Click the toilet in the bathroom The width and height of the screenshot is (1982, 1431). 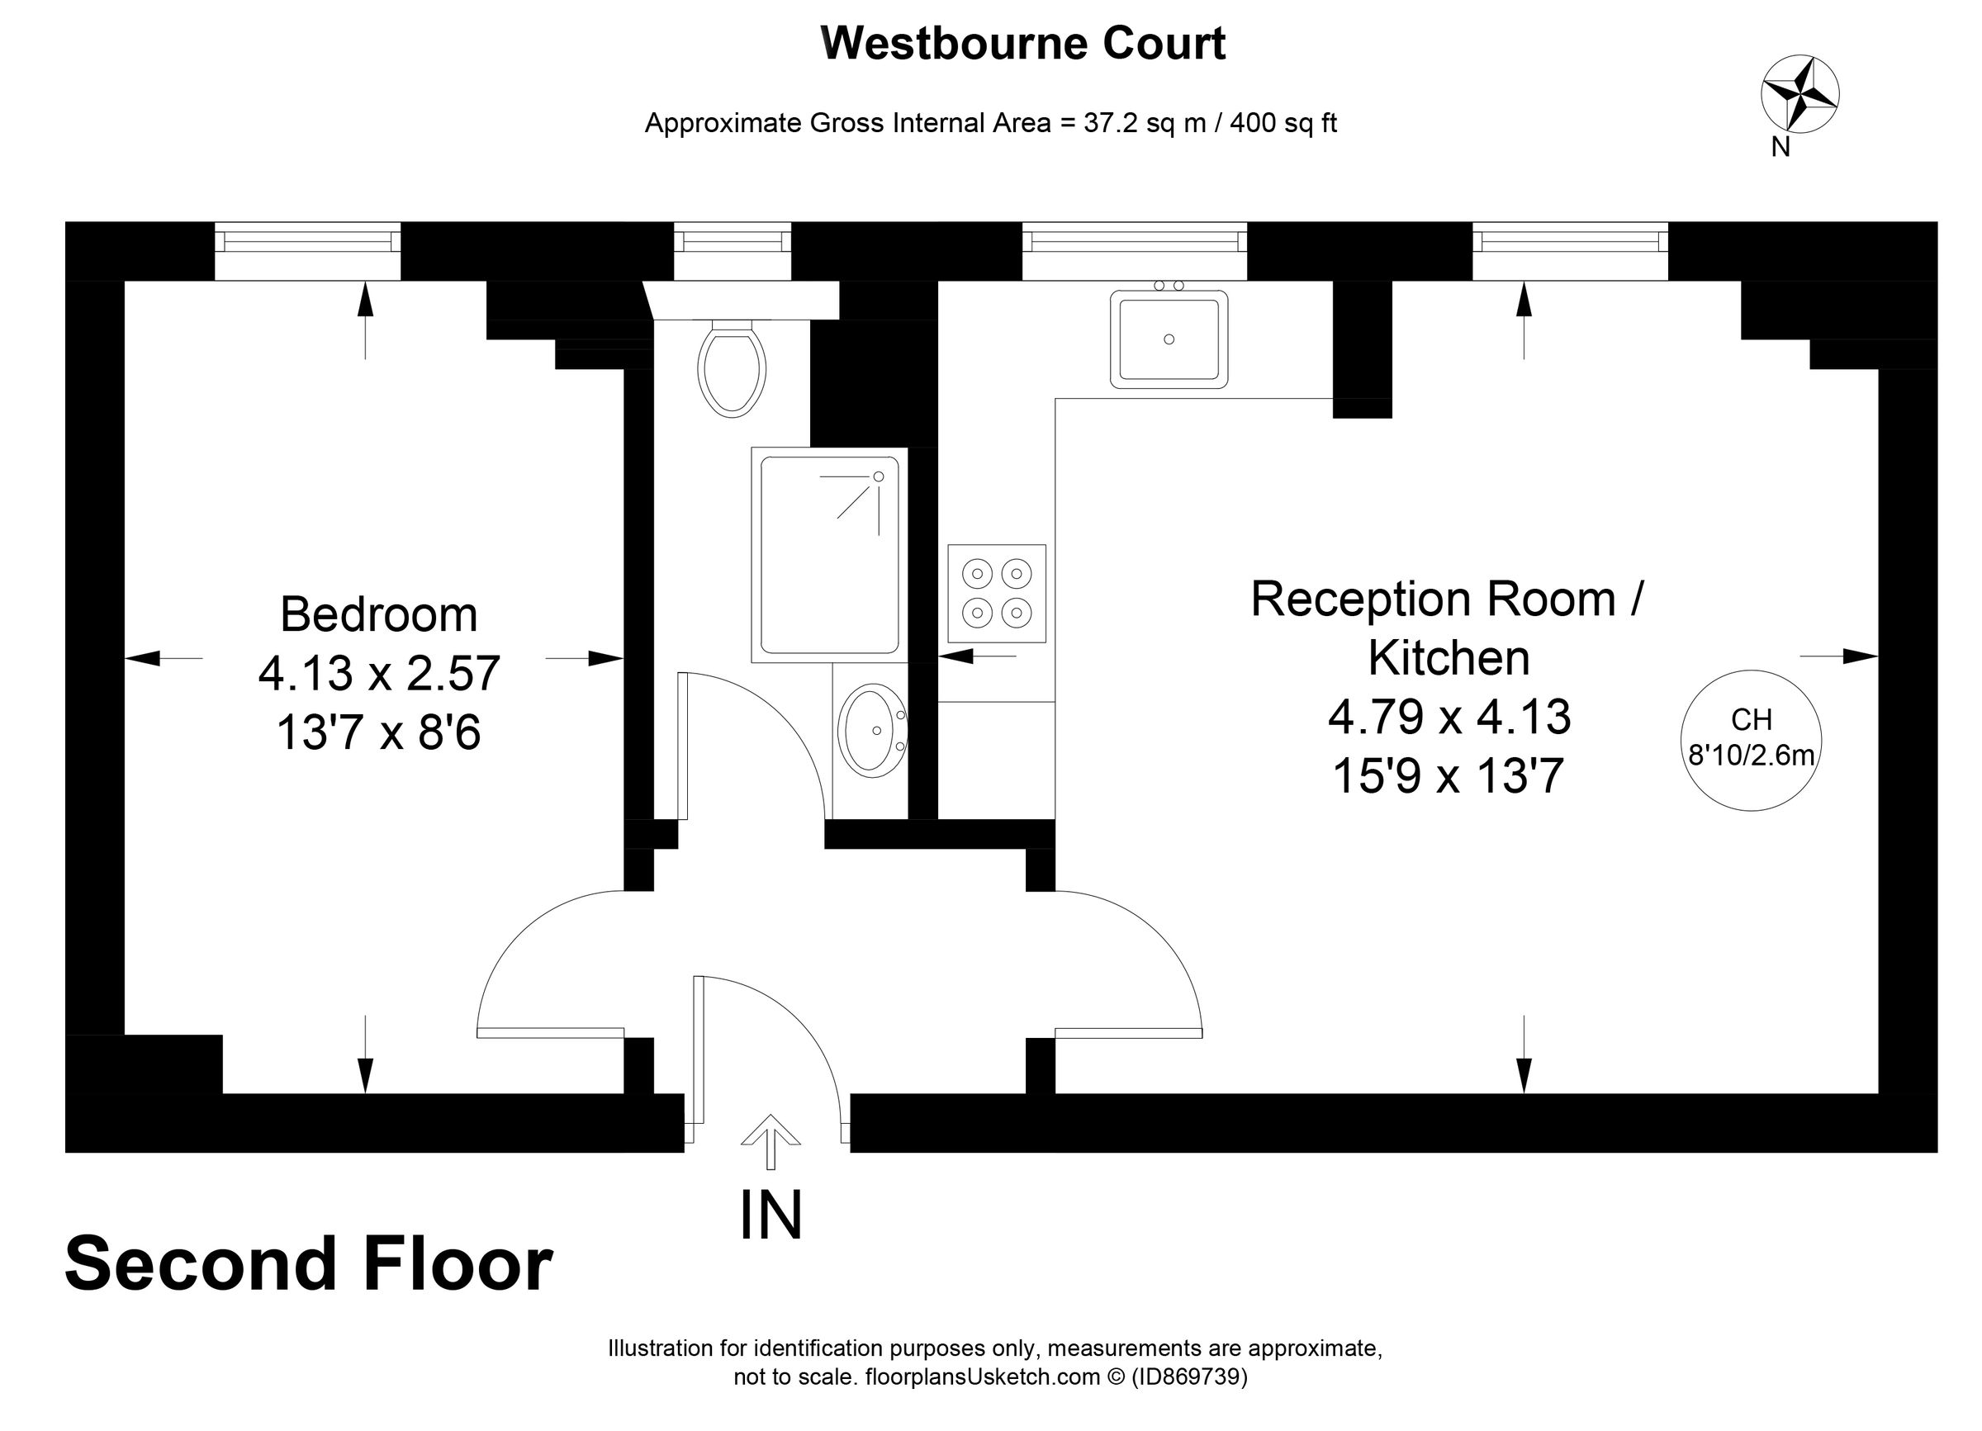[733, 367]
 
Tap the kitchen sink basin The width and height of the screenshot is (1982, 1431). [1169, 339]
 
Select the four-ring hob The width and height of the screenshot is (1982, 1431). [997, 593]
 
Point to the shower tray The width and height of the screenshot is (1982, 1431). [829, 555]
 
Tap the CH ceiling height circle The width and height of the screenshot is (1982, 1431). [1752, 740]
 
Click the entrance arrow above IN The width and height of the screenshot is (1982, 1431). [770, 1141]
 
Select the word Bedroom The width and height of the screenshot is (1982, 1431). [378, 614]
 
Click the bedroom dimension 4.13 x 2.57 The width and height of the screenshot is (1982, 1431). [378, 673]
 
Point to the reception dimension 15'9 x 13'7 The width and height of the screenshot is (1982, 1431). [1448, 775]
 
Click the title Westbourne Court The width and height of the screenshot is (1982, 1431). [1023, 43]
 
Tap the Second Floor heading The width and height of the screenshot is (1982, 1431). [309, 1263]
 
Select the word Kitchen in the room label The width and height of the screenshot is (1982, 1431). [1449, 658]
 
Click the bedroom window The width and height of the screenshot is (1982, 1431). [307, 251]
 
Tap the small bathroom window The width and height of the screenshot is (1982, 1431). [733, 251]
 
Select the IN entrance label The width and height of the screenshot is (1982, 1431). [771, 1215]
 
